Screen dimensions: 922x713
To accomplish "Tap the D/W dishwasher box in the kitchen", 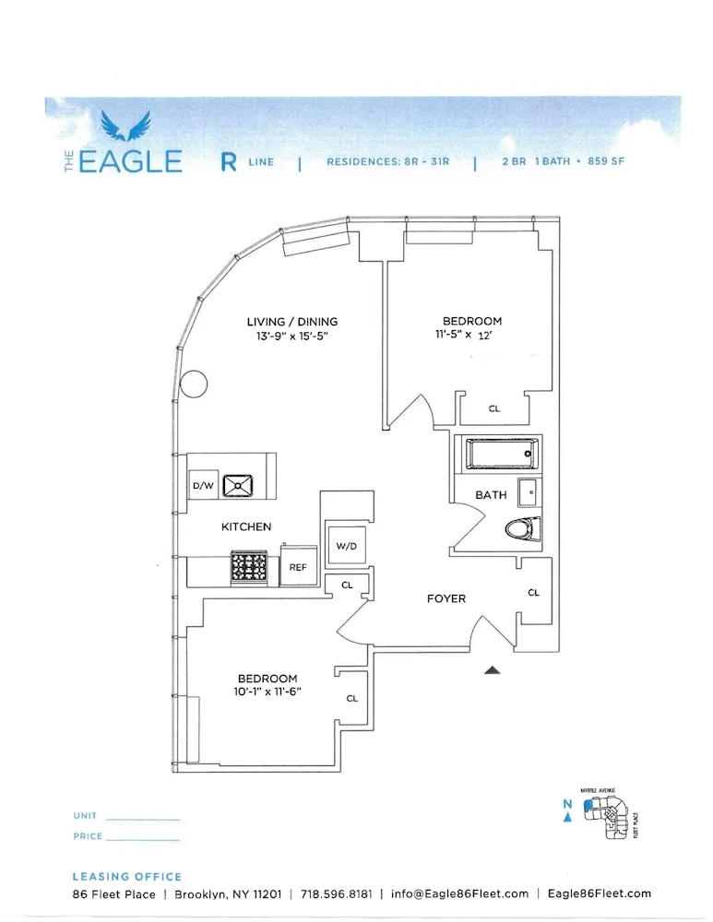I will tap(203, 485).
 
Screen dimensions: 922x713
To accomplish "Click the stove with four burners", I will tap(249, 567).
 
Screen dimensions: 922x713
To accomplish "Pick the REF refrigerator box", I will tap(298, 568).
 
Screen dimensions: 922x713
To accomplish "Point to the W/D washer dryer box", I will tap(346, 547).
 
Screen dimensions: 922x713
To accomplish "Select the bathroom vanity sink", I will tap(529, 493).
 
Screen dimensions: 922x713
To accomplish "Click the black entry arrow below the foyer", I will tap(493, 672).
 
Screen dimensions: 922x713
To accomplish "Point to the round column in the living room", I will tap(194, 383).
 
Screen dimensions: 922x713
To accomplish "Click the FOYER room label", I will tap(446, 599).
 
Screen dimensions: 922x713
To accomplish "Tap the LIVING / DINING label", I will tap(291, 322).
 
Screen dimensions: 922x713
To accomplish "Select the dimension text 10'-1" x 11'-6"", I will tap(267, 692).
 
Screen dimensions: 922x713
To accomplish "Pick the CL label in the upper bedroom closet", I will tap(494, 408).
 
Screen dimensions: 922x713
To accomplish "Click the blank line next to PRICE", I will tap(143, 838).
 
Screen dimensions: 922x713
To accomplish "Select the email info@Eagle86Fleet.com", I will tap(459, 893).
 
